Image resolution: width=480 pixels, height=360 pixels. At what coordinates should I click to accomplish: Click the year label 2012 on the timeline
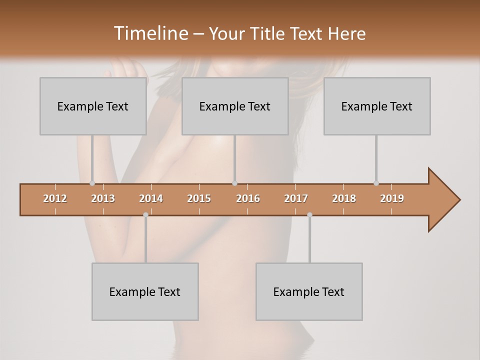(x=55, y=198)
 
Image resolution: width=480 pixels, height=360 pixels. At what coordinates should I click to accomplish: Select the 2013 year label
(x=103, y=198)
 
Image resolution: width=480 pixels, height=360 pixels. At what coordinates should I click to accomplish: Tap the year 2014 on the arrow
(x=151, y=198)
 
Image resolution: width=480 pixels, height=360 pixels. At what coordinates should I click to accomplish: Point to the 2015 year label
(x=199, y=198)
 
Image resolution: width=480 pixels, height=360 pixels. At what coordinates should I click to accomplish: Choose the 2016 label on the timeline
(x=248, y=198)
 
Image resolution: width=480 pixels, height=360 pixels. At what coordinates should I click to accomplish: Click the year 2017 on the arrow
(x=296, y=198)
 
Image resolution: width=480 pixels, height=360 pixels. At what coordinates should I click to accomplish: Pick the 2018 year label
(x=344, y=198)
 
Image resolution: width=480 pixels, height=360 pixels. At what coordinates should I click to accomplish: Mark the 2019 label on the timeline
(x=392, y=198)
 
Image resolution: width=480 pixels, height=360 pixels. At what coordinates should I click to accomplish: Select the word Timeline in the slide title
(x=150, y=33)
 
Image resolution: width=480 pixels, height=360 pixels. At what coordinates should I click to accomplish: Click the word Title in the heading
(x=269, y=33)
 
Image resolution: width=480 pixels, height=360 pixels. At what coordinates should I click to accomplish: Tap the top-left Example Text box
(x=93, y=106)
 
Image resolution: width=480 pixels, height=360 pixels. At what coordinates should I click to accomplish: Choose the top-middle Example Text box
(x=235, y=106)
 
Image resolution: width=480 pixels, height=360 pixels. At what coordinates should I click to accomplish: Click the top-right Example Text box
(x=377, y=106)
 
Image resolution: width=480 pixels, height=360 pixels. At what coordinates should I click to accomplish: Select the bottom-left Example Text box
(x=145, y=291)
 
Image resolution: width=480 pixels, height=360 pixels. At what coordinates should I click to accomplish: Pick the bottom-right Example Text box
(x=309, y=291)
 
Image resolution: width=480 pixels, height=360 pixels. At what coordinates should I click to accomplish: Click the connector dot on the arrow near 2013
(x=92, y=183)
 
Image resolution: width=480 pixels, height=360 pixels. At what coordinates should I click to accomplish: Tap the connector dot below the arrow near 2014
(x=145, y=214)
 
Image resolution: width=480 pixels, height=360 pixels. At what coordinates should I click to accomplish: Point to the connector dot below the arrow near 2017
(x=309, y=214)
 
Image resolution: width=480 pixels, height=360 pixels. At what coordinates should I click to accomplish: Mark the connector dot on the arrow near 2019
(x=376, y=183)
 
